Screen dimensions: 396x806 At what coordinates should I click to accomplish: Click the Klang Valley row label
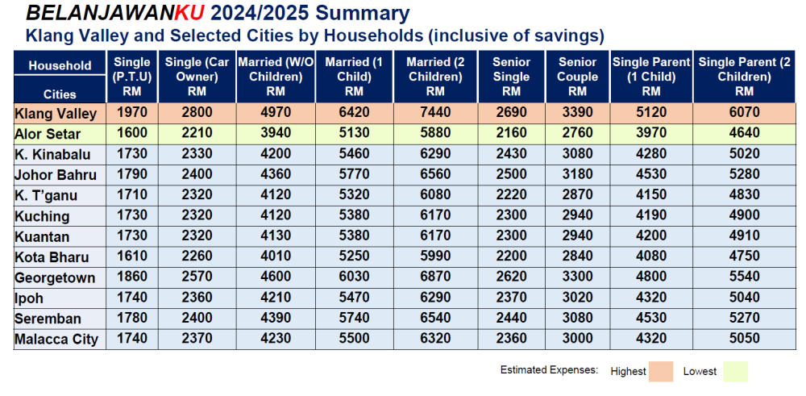pos(56,114)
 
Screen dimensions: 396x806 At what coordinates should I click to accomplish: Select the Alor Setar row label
pos(49,134)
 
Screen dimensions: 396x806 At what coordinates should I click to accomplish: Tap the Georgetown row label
pos(55,277)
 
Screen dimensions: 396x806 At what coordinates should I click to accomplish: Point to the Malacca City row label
pos(56,339)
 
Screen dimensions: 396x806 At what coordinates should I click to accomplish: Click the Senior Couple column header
pos(577,77)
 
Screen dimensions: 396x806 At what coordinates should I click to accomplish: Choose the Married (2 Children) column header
pos(434,77)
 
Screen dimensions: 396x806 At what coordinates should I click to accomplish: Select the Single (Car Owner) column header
pos(197,77)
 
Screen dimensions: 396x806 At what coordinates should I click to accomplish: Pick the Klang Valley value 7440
pos(434,113)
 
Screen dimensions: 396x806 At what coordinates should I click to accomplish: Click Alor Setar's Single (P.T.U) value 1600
pos(132,133)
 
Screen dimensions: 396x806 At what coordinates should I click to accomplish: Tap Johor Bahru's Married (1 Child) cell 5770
pos(347,174)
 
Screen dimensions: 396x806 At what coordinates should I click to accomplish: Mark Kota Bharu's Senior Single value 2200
pos(511,257)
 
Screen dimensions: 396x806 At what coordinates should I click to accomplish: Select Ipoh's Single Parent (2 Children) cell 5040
pos(744,298)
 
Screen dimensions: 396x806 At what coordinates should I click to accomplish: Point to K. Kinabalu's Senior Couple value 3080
pos(577,154)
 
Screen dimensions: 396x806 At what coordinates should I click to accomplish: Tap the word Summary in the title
pos(359,14)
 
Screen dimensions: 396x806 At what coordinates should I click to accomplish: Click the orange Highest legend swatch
pos(663,371)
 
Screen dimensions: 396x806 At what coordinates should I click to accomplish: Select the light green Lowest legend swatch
pos(736,371)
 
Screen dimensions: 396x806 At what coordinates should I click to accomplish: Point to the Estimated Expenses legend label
pos(549,371)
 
